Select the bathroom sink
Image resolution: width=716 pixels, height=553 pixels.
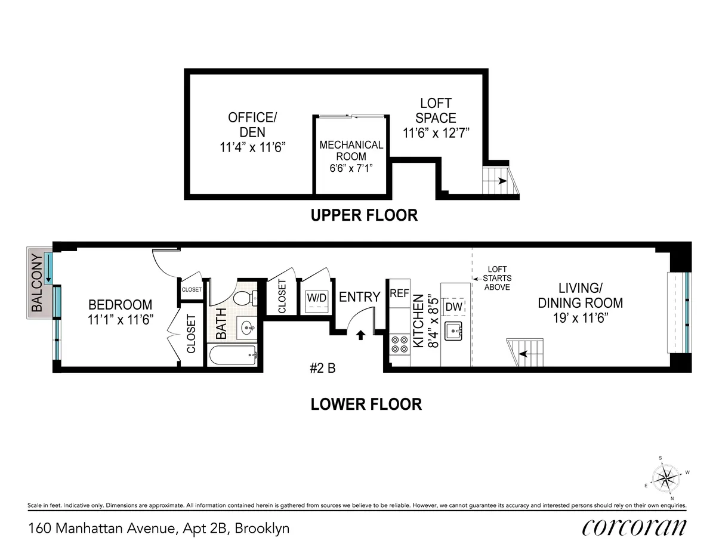pos(247,327)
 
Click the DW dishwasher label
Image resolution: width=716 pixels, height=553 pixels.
pos(455,306)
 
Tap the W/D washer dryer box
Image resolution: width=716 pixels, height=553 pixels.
pos(316,298)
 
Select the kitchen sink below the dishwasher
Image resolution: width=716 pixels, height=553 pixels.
pos(455,329)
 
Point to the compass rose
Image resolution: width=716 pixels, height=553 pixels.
pos(666,477)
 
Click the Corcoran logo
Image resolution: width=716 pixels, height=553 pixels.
pos(634,527)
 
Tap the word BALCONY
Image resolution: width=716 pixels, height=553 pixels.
pos(37,283)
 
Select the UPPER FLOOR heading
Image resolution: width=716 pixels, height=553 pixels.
pos(364,215)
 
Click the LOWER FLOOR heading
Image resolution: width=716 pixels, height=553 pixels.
pos(366,404)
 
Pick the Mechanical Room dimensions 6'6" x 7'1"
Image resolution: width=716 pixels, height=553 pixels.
pos(351,169)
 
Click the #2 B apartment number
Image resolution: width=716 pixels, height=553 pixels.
pos(323,369)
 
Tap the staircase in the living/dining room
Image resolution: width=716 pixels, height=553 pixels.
pos(525,352)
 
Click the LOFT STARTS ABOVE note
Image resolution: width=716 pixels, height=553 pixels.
pos(496,278)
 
